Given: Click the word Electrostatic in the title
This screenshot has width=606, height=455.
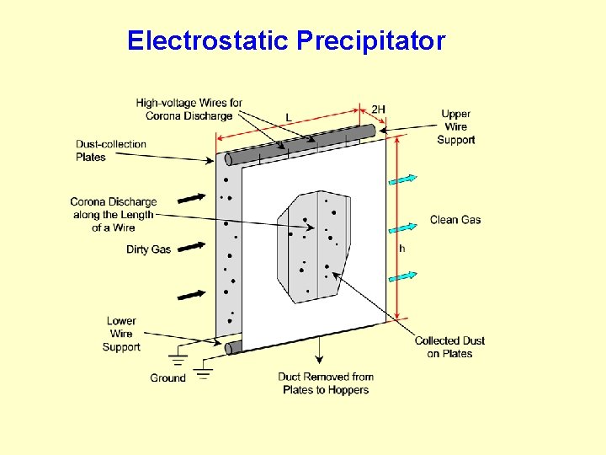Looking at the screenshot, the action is click(208, 40).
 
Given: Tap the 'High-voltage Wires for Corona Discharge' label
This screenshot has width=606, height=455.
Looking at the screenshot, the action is click(189, 110).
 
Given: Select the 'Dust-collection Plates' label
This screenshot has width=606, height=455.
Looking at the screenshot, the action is click(110, 151).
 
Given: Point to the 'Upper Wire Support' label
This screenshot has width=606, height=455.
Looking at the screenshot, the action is click(455, 126).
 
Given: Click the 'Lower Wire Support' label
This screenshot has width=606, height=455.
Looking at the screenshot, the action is click(121, 334).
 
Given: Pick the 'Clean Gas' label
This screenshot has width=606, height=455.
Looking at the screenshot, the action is click(455, 220).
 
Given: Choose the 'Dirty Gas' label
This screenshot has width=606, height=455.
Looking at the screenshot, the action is click(148, 249).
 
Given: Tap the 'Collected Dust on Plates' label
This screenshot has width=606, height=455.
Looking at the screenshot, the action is click(449, 347).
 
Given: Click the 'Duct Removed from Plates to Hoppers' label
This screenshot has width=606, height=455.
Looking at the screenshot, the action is click(326, 383).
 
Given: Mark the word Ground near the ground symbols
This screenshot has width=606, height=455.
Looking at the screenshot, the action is click(167, 377).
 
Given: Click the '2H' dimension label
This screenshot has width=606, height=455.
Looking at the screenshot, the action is click(379, 109).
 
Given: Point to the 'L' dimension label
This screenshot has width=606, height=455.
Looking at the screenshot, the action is click(289, 117).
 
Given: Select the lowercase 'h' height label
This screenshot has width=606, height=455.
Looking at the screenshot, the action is click(401, 249).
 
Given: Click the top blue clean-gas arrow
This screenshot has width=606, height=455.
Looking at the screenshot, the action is click(403, 179).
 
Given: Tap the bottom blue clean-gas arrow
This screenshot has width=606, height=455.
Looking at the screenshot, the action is click(403, 276).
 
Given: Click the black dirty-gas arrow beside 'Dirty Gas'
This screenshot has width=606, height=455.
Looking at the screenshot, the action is click(192, 246).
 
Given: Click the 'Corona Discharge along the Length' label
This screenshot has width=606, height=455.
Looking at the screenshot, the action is click(113, 215).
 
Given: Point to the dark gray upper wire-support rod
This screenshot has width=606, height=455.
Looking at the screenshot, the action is click(303, 144).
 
